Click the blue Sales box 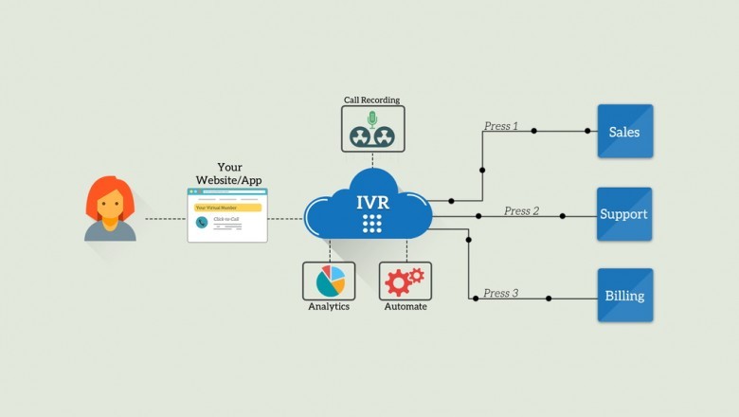tap(625, 131)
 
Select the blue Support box tap(624, 214)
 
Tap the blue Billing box tap(625, 295)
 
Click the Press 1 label tap(501, 126)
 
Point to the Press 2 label tap(521, 210)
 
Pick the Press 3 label tap(501, 294)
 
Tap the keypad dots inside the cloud tap(372, 224)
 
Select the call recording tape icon tap(372, 129)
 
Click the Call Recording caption tap(372, 99)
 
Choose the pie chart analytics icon tap(329, 281)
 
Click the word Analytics tap(329, 307)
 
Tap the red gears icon tap(405, 281)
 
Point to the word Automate tap(406, 307)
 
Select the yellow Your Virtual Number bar tap(227, 208)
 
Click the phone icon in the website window tap(202, 223)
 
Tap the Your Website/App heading tap(228, 173)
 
